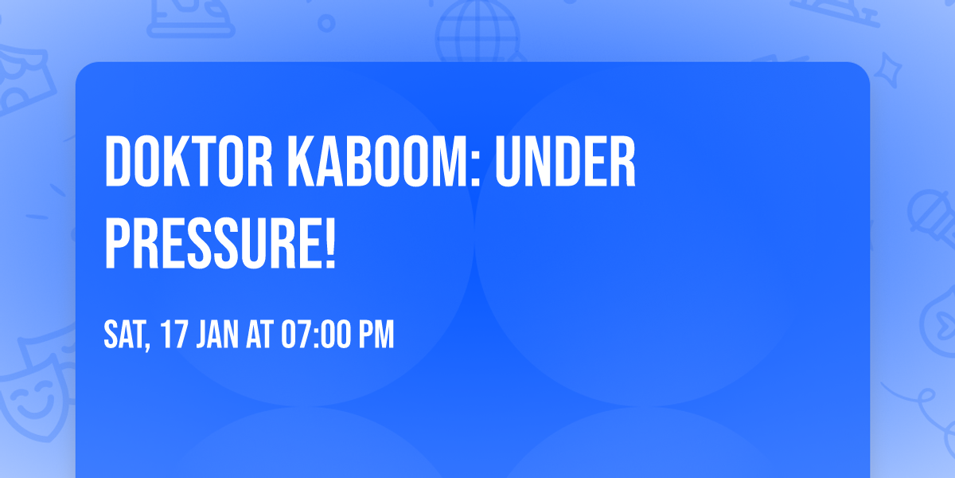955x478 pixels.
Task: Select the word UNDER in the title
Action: (x=566, y=162)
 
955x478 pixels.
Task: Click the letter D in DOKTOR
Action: (x=119, y=162)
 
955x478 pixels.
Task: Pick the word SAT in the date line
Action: (x=123, y=335)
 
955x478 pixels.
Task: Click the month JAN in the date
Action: (x=216, y=335)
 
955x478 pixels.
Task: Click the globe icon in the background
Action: (x=476, y=32)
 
